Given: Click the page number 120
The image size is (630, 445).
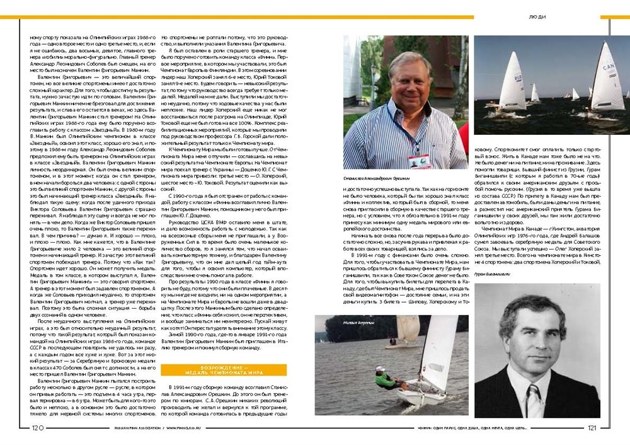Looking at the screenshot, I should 37,428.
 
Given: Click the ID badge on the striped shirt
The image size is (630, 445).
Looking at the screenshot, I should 418,161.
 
